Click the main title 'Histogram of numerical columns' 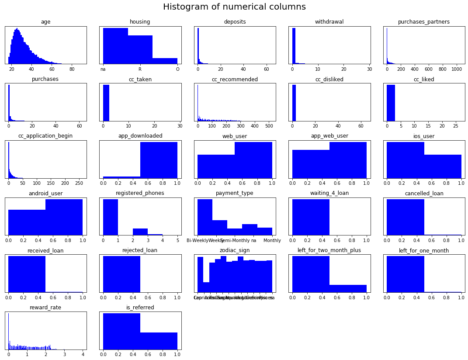point(234,7)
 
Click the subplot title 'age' point(45,22)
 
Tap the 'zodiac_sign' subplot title point(235,250)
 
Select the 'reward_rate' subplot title point(45,308)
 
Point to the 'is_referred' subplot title point(140,308)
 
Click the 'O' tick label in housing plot point(177,69)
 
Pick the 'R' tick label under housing point(140,69)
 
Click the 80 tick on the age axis point(72,69)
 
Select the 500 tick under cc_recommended point(268,126)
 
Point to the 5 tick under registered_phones point(177,240)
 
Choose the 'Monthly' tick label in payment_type point(272,240)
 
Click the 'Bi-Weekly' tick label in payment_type point(197,240)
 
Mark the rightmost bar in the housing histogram point(165,61)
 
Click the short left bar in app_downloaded point(121,177)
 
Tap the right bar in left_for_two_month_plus point(348,289)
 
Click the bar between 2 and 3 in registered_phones point(140,232)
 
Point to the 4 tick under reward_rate point(83,355)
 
